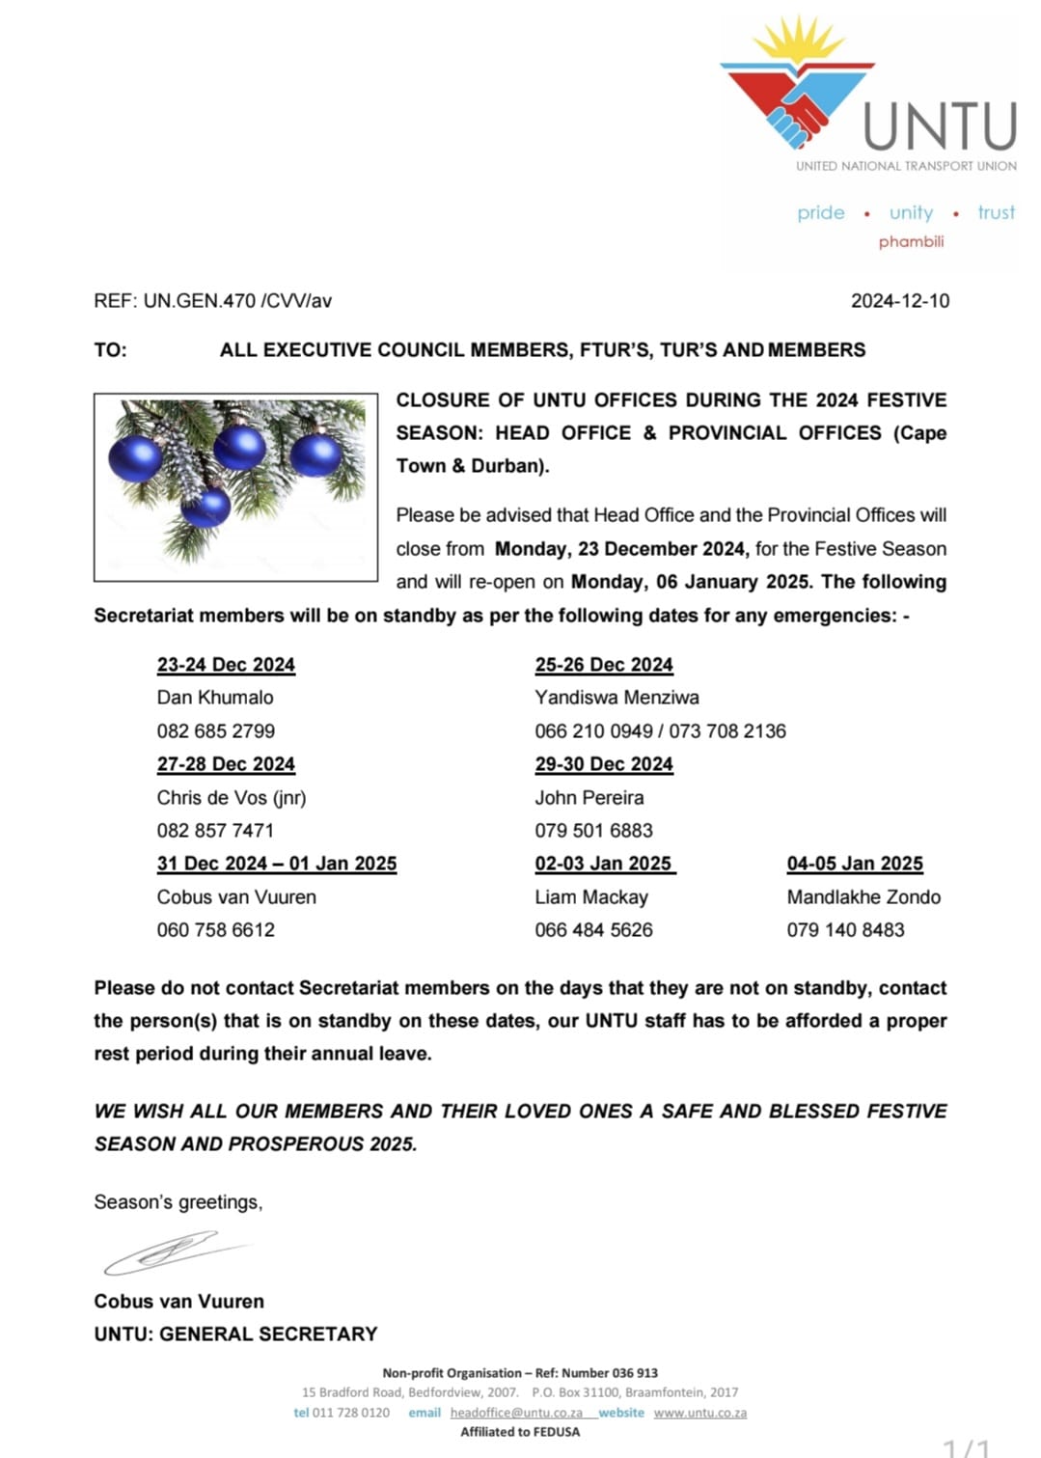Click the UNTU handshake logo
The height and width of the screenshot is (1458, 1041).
[x=797, y=92]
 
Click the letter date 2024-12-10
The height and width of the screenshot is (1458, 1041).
[x=899, y=301]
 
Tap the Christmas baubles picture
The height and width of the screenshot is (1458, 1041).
[x=235, y=487]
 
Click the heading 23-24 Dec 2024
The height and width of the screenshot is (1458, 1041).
[x=226, y=665]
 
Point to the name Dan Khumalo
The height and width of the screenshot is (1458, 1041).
[x=215, y=698]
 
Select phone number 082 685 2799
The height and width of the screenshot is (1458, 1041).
[x=216, y=731]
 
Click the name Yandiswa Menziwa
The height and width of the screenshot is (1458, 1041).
[x=616, y=698]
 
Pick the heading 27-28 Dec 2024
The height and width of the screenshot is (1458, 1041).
[x=226, y=764]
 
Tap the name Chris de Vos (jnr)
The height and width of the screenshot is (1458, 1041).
[x=232, y=798]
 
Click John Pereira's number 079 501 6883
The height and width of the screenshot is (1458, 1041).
[x=593, y=831]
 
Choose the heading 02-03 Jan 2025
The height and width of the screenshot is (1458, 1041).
[x=604, y=864]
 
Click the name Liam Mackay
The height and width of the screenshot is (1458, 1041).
[x=591, y=897]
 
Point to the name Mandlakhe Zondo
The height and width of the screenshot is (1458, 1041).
[x=863, y=897]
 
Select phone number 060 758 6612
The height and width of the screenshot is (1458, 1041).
[x=216, y=930]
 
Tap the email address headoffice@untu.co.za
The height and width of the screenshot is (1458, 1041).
[x=516, y=1413]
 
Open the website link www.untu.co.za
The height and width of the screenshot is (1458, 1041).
[x=699, y=1413]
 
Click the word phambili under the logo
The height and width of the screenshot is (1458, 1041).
[x=911, y=241]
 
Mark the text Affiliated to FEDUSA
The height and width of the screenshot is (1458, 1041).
[x=520, y=1432]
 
